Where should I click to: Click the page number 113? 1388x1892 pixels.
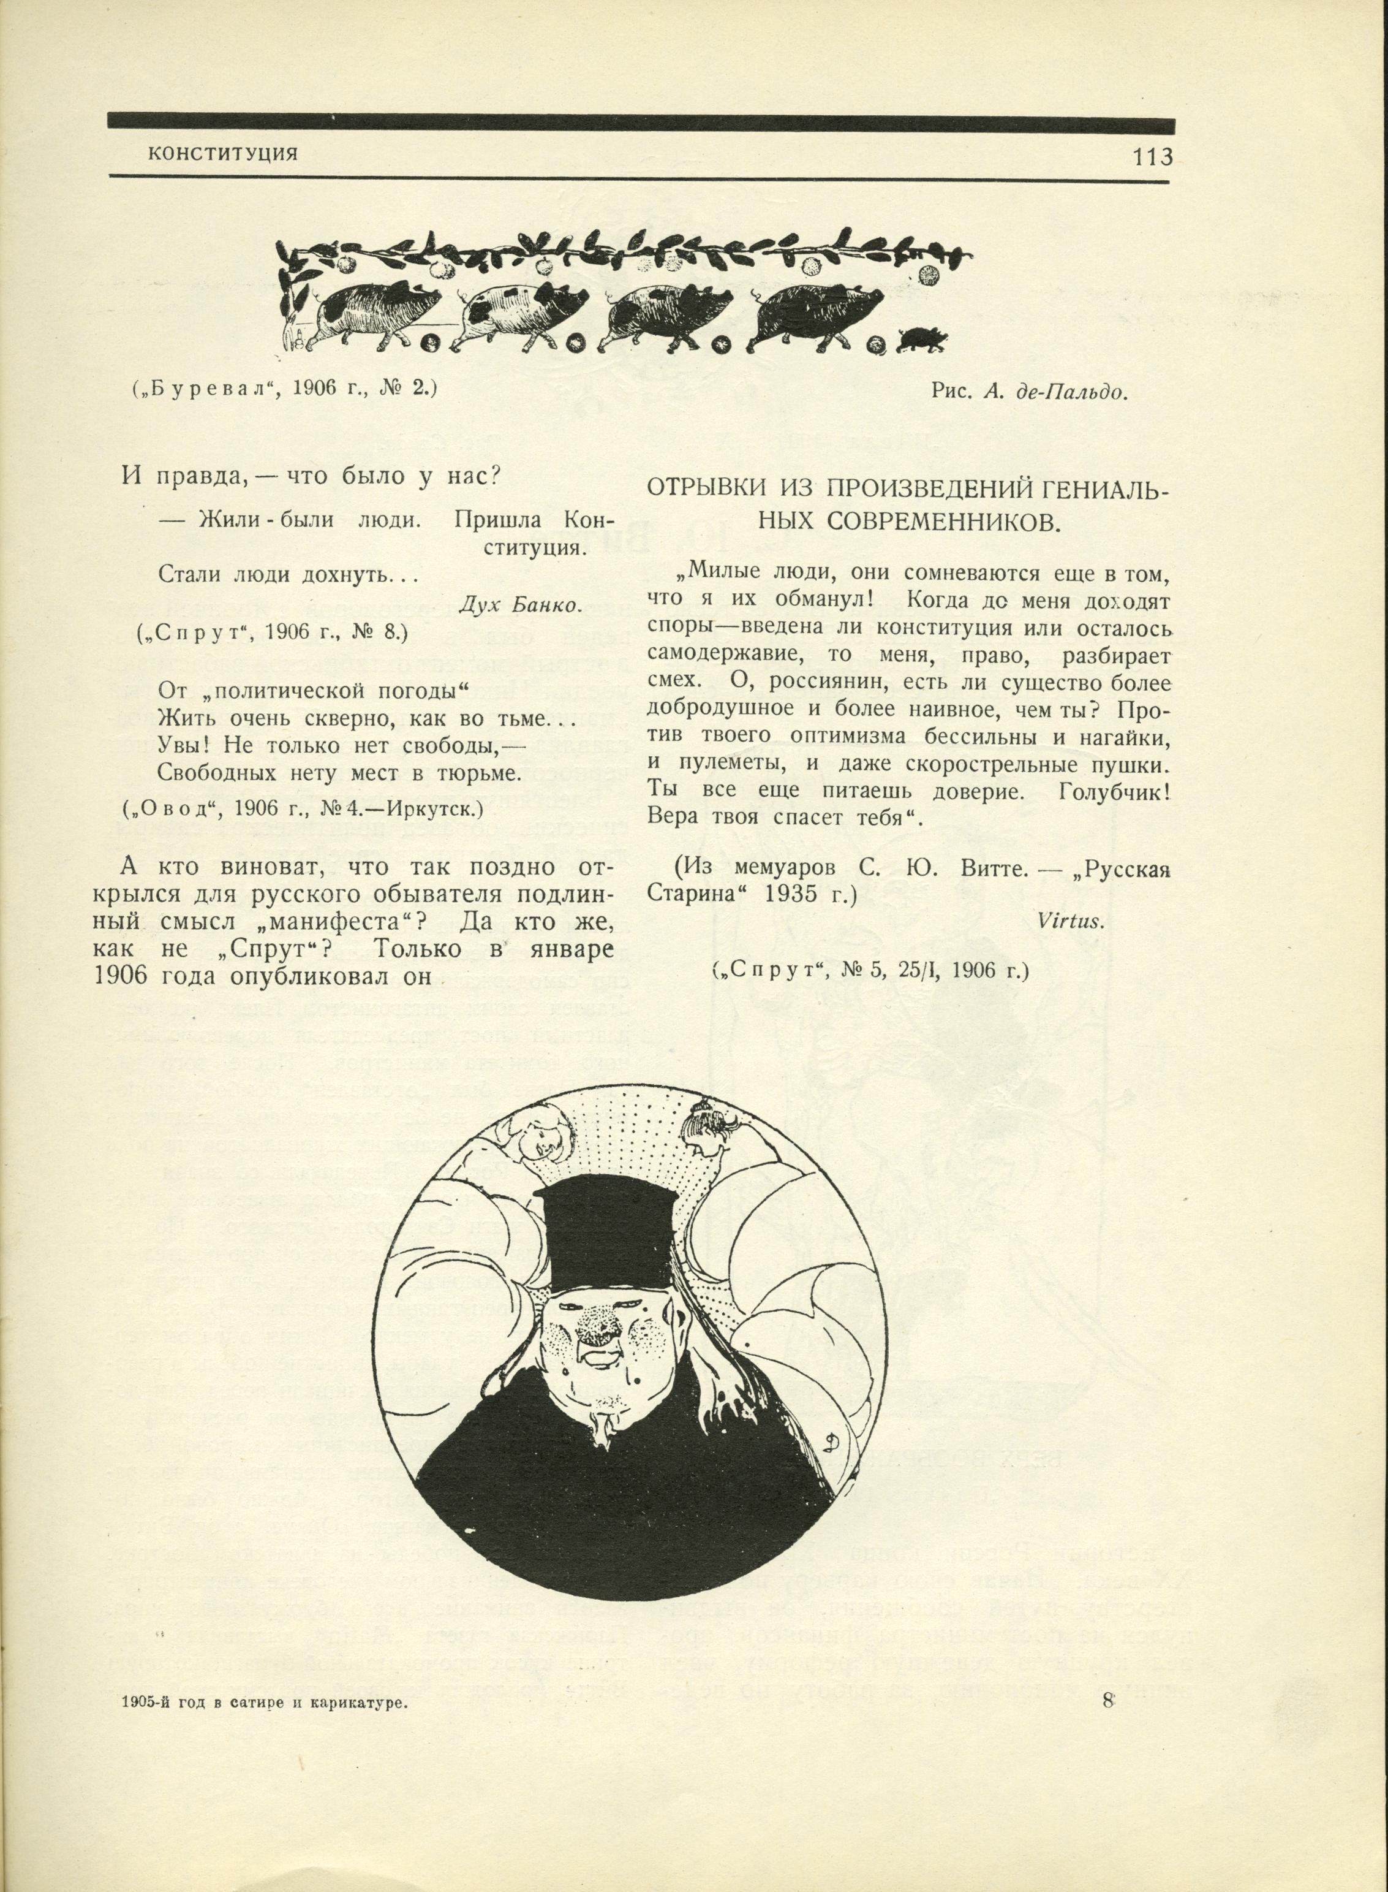point(1152,156)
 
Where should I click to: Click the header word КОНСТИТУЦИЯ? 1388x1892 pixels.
point(222,154)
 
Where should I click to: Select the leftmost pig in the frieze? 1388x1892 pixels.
point(378,311)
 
